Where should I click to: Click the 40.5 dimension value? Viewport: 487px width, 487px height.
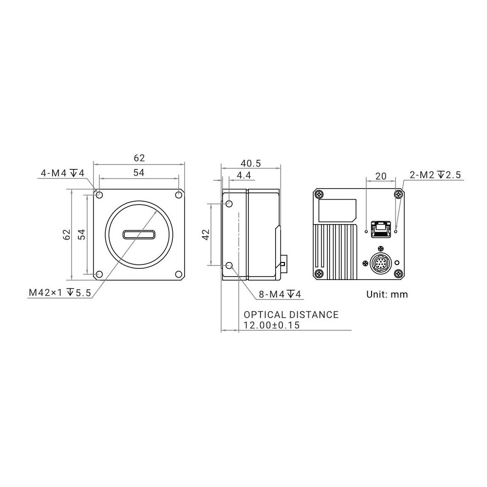(x=251, y=163)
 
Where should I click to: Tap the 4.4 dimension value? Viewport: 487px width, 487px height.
(x=244, y=176)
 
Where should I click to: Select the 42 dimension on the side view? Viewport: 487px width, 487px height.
(x=206, y=235)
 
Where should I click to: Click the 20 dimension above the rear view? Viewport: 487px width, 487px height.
(x=381, y=176)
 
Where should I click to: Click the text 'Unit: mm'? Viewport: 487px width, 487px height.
(x=387, y=294)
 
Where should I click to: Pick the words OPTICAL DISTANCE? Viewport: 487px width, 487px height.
(x=291, y=315)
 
